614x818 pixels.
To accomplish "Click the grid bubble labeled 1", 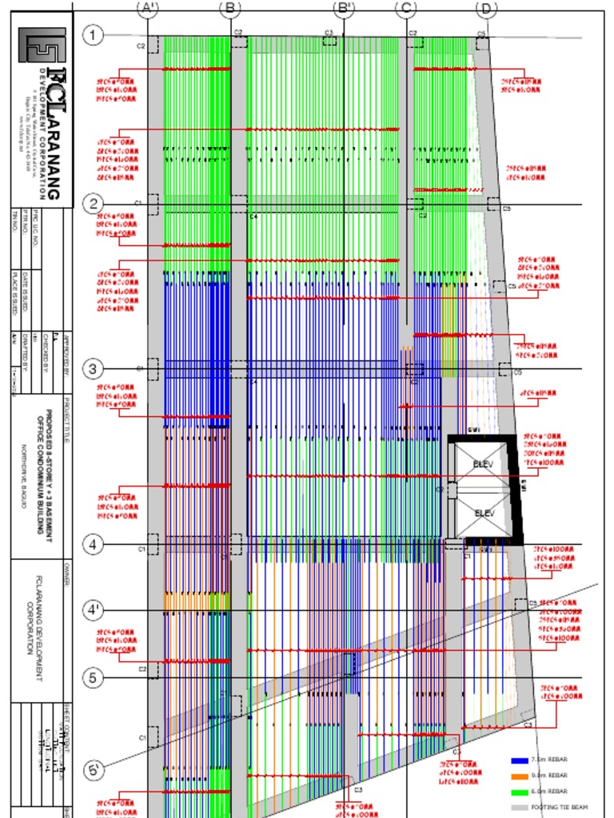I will click(x=94, y=35).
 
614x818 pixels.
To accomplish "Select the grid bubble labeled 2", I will click(x=94, y=203).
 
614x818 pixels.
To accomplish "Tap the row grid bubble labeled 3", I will click(x=94, y=369).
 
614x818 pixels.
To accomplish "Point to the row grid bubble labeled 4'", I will click(x=94, y=610).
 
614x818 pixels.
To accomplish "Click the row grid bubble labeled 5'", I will click(x=94, y=772).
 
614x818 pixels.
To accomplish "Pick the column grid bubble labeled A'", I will click(x=148, y=9).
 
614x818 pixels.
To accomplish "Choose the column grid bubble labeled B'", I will click(x=344, y=9).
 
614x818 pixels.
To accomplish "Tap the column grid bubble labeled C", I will click(x=406, y=9).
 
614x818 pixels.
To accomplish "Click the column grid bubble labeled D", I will click(x=486, y=9).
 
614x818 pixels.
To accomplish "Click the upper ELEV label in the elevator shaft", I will click(x=483, y=464).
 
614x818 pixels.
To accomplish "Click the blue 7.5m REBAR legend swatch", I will click(x=519, y=760).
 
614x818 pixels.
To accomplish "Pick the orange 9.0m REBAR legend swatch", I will click(x=519, y=776).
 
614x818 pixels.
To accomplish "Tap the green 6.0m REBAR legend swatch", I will click(x=519, y=792).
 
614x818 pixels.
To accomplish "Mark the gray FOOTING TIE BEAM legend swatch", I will click(x=519, y=808).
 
